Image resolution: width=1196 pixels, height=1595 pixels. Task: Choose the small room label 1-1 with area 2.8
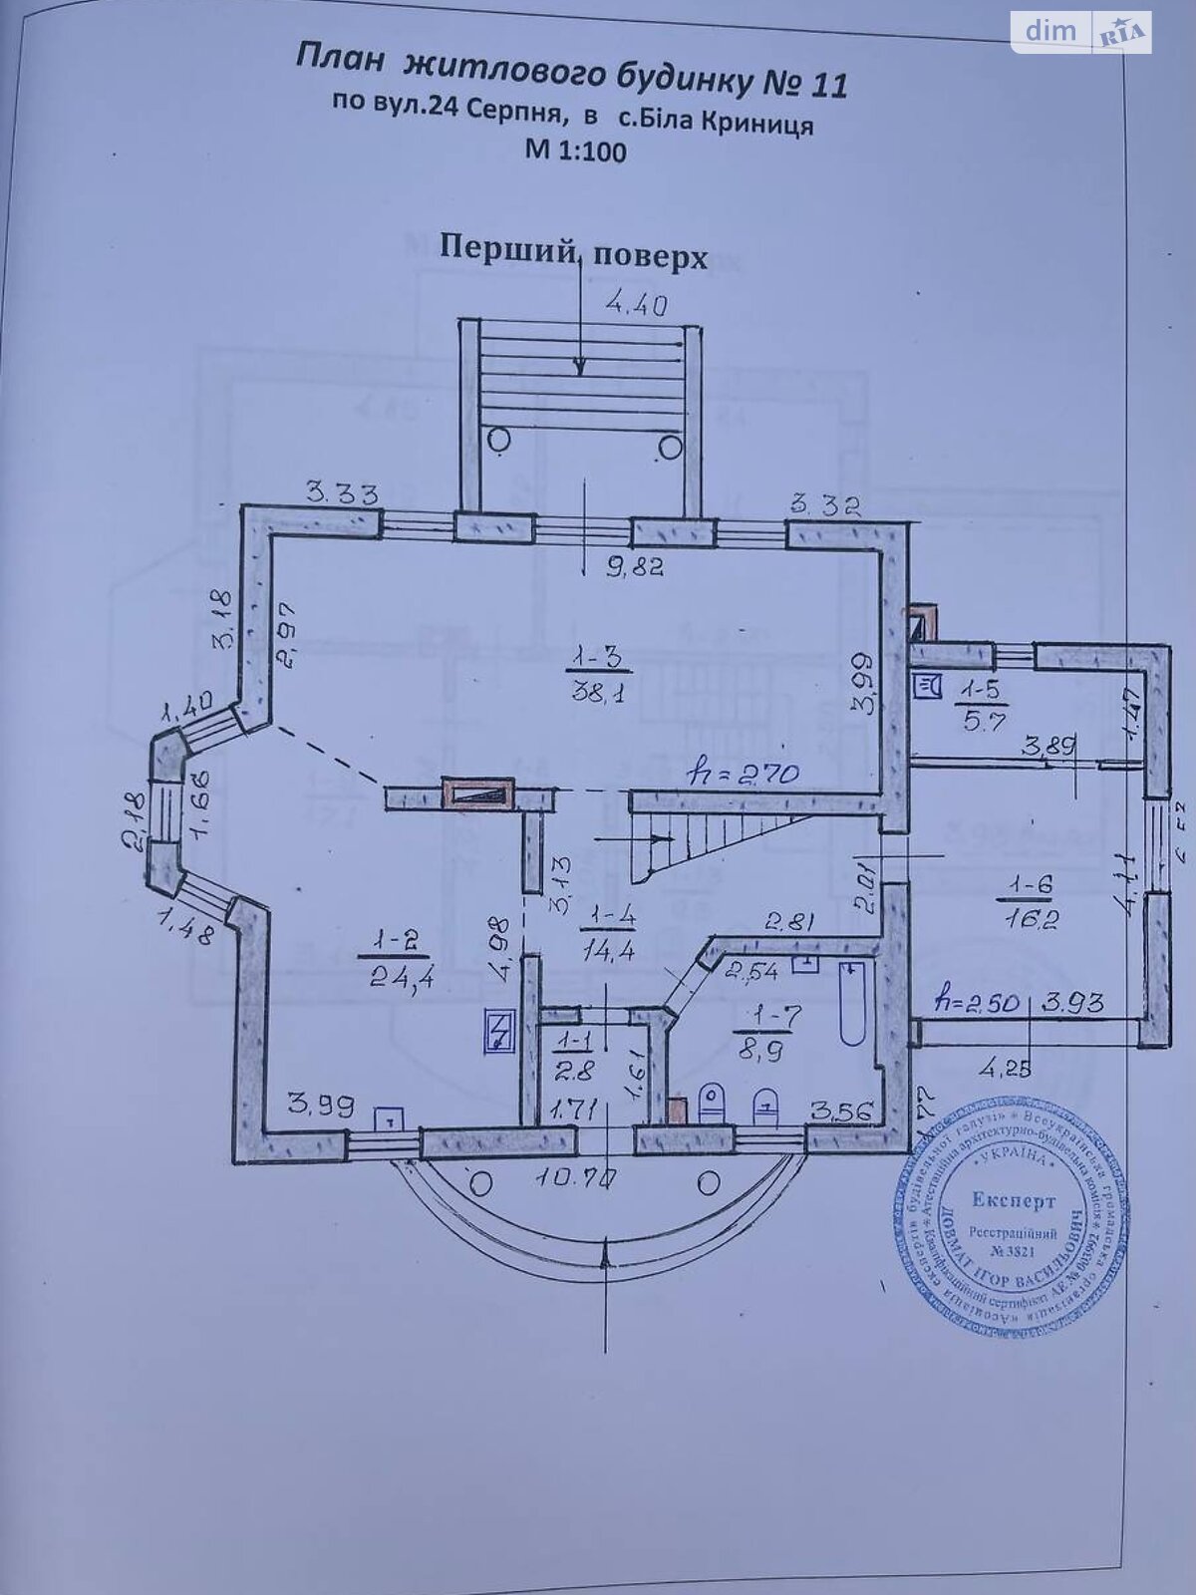pyautogui.click(x=576, y=1057)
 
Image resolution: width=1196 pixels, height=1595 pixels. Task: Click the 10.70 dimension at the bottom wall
pyautogui.click(x=577, y=1177)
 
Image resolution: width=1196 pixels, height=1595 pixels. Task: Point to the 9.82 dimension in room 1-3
pyautogui.click(x=634, y=567)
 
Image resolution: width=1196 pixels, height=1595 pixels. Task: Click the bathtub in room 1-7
pyautogui.click(x=852, y=1002)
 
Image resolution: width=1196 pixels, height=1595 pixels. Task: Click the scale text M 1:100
pyautogui.click(x=575, y=152)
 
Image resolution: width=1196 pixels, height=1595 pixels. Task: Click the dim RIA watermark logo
pyautogui.click(x=1080, y=32)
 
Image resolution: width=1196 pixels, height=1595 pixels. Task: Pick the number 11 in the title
pyautogui.click(x=824, y=85)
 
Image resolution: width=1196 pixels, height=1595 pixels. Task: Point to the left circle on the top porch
pyautogui.click(x=499, y=439)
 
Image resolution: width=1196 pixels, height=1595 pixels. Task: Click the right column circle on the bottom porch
pyautogui.click(x=709, y=1183)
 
